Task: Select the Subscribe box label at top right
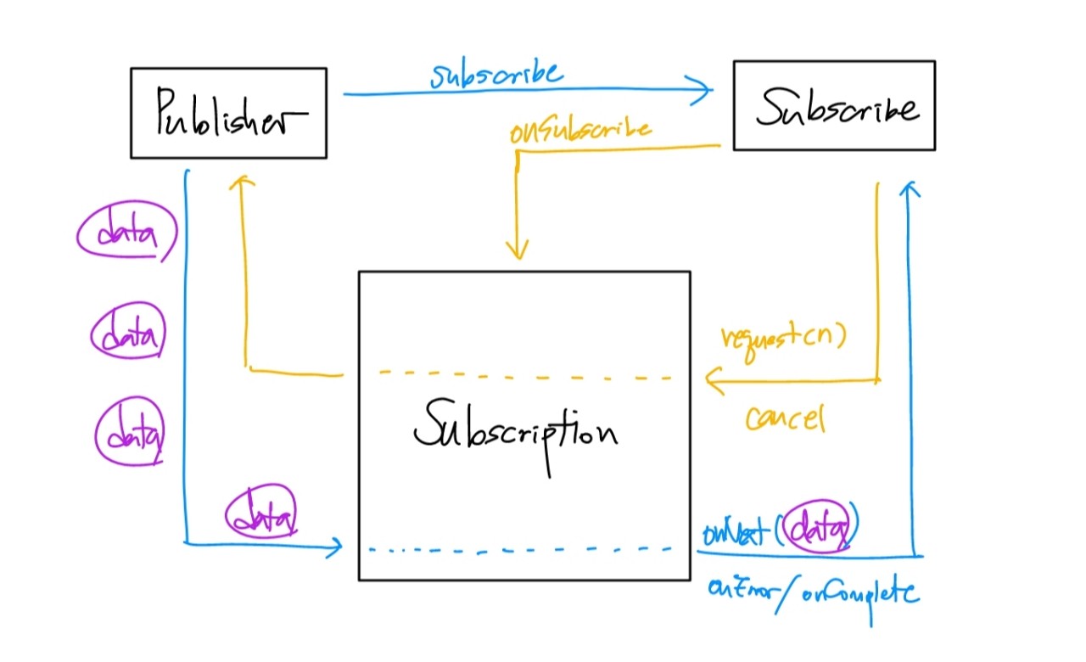[x=837, y=108]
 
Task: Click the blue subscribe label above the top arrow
[x=495, y=75]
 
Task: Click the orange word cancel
[x=785, y=417]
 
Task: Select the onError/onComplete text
[x=812, y=592]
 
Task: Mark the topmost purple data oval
[x=128, y=233]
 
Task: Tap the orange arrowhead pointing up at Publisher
[x=243, y=183]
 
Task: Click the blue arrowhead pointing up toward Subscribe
[x=910, y=188]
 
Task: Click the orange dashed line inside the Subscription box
[x=526, y=374]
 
